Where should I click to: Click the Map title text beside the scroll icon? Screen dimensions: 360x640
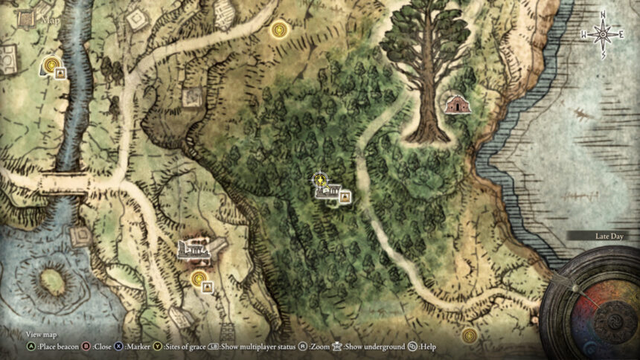point(51,20)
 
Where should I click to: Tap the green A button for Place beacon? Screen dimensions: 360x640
point(31,347)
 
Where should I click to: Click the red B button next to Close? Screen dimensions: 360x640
point(86,347)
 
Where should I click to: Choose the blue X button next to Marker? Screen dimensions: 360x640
point(118,347)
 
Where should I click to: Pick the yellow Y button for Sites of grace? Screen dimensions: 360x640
point(158,347)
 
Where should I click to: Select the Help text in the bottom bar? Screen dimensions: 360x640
point(428,347)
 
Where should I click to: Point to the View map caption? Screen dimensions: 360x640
point(41,335)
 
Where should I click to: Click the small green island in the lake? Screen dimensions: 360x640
point(51,281)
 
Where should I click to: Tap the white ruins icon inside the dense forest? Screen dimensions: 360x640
point(328,193)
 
